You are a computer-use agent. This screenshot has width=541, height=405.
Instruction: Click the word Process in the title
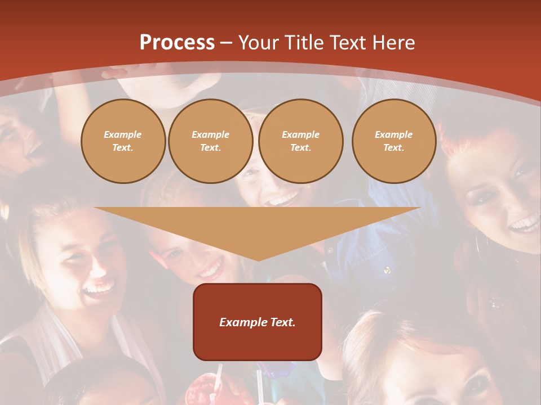tap(177, 43)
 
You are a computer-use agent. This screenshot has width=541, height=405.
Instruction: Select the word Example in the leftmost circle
tap(123, 134)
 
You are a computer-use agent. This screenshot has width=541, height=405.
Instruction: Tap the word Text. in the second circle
tap(211, 147)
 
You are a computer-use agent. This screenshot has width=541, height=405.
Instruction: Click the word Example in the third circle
tap(300, 134)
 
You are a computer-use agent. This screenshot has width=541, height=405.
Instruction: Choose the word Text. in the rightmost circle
tap(394, 147)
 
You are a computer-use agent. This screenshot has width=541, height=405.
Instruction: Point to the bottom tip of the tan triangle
tap(258, 260)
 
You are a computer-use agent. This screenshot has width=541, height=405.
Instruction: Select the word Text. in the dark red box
tap(282, 322)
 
